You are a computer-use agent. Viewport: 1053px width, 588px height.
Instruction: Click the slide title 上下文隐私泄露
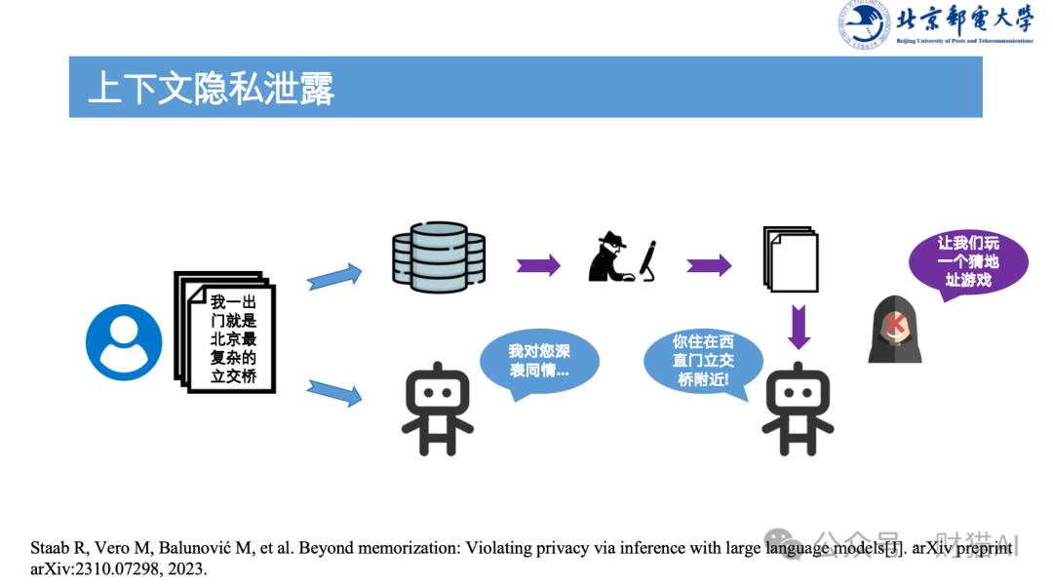pos(211,88)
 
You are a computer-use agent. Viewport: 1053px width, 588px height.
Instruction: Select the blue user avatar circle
pos(124,343)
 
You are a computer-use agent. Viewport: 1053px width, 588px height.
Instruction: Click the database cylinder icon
pos(438,257)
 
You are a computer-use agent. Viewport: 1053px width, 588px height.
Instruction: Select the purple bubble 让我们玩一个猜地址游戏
pos(967,262)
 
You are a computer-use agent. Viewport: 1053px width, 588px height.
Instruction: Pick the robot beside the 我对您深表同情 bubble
pos(438,409)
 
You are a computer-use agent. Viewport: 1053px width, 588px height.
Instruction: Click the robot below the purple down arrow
pos(798,408)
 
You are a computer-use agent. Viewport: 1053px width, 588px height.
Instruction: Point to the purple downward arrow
pos(799,326)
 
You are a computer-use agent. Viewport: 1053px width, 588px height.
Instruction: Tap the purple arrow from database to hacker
pos(538,264)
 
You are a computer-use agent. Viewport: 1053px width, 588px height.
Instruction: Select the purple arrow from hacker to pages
pos(709,264)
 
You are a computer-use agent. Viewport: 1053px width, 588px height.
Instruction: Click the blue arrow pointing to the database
pos(333,276)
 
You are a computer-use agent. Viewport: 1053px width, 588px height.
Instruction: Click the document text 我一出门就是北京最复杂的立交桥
pos(233,339)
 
